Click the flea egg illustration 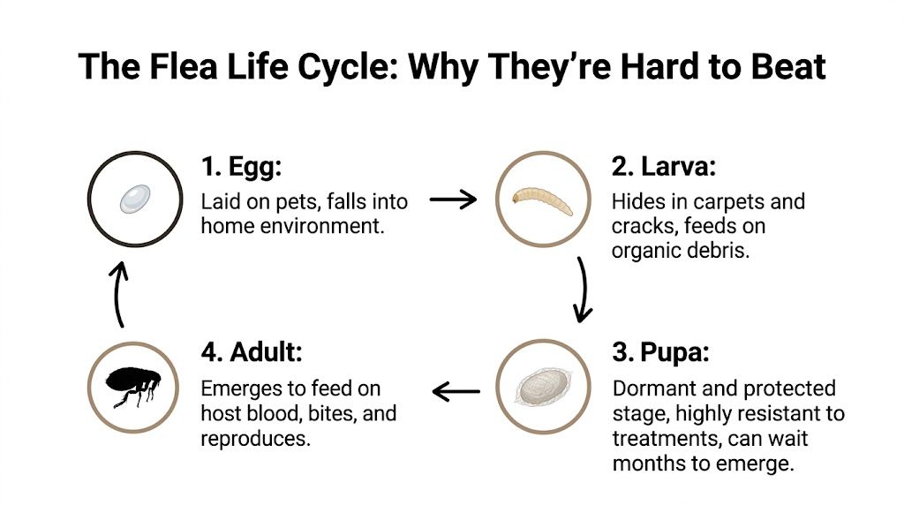pos(135,198)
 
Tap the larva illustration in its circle pos(543,200)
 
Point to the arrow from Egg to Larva pos(452,200)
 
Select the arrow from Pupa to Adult pos(456,389)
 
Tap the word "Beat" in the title pos(782,66)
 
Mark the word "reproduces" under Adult pos(255,438)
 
